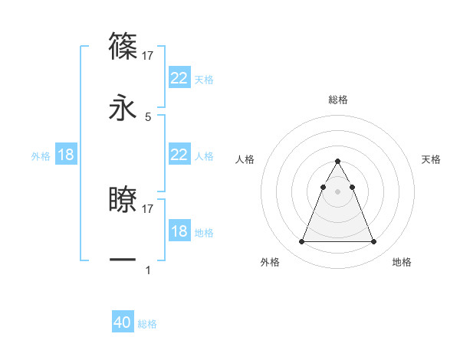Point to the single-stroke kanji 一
click(123, 260)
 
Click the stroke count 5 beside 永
click(148, 116)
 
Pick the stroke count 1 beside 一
click(148, 270)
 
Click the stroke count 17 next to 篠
click(149, 55)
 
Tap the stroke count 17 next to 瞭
click(149, 208)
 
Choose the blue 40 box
click(123, 322)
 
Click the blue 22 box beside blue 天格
click(179, 78)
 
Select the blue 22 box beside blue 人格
click(179, 155)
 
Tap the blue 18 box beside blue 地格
click(179, 231)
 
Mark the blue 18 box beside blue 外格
click(66, 155)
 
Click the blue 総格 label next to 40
click(147, 324)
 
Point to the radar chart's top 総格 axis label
click(337, 100)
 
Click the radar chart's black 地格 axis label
click(402, 262)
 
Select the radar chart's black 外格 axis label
click(270, 262)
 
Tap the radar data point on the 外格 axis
click(301, 242)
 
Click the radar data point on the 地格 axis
click(373, 242)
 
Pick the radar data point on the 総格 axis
click(337, 161)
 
